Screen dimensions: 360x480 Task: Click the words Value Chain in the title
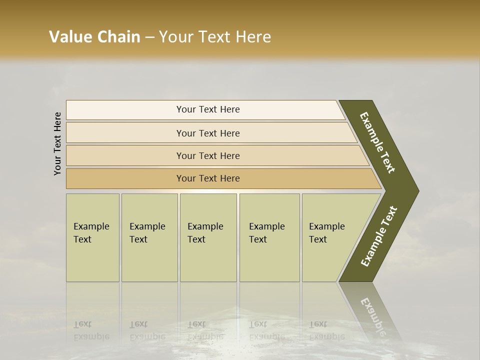click(x=94, y=36)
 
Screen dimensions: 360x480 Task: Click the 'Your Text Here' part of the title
click(x=215, y=36)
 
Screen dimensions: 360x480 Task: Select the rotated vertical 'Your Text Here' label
click(x=57, y=143)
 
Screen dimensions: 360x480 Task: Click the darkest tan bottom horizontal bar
click(x=125, y=178)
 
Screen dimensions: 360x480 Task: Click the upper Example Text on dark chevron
click(x=377, y=142)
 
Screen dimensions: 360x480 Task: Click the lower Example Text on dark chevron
click(x=379, y=236)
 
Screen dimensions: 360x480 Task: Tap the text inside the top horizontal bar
click(x=208, y=109)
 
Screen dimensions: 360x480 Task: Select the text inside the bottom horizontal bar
click(x=208, y=178)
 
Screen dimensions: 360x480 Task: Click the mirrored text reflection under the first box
click(x=91, y=330)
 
